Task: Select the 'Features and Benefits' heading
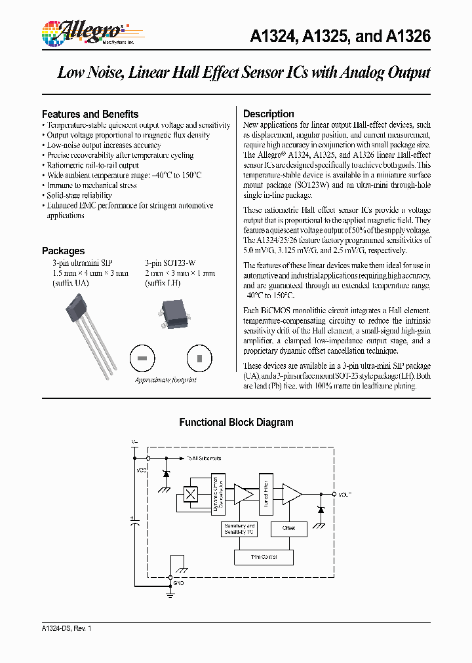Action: [90, 114]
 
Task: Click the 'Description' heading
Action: [269, 114]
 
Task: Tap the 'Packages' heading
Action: [63, 251]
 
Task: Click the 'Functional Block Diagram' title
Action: [236, 423]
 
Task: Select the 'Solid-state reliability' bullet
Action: [79, 195]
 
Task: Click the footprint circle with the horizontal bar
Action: [142, 358]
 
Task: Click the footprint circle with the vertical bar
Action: [199, 358]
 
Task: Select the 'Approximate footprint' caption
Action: [165, 380]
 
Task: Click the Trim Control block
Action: [264, 557]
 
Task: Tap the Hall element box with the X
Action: [191, 495]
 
